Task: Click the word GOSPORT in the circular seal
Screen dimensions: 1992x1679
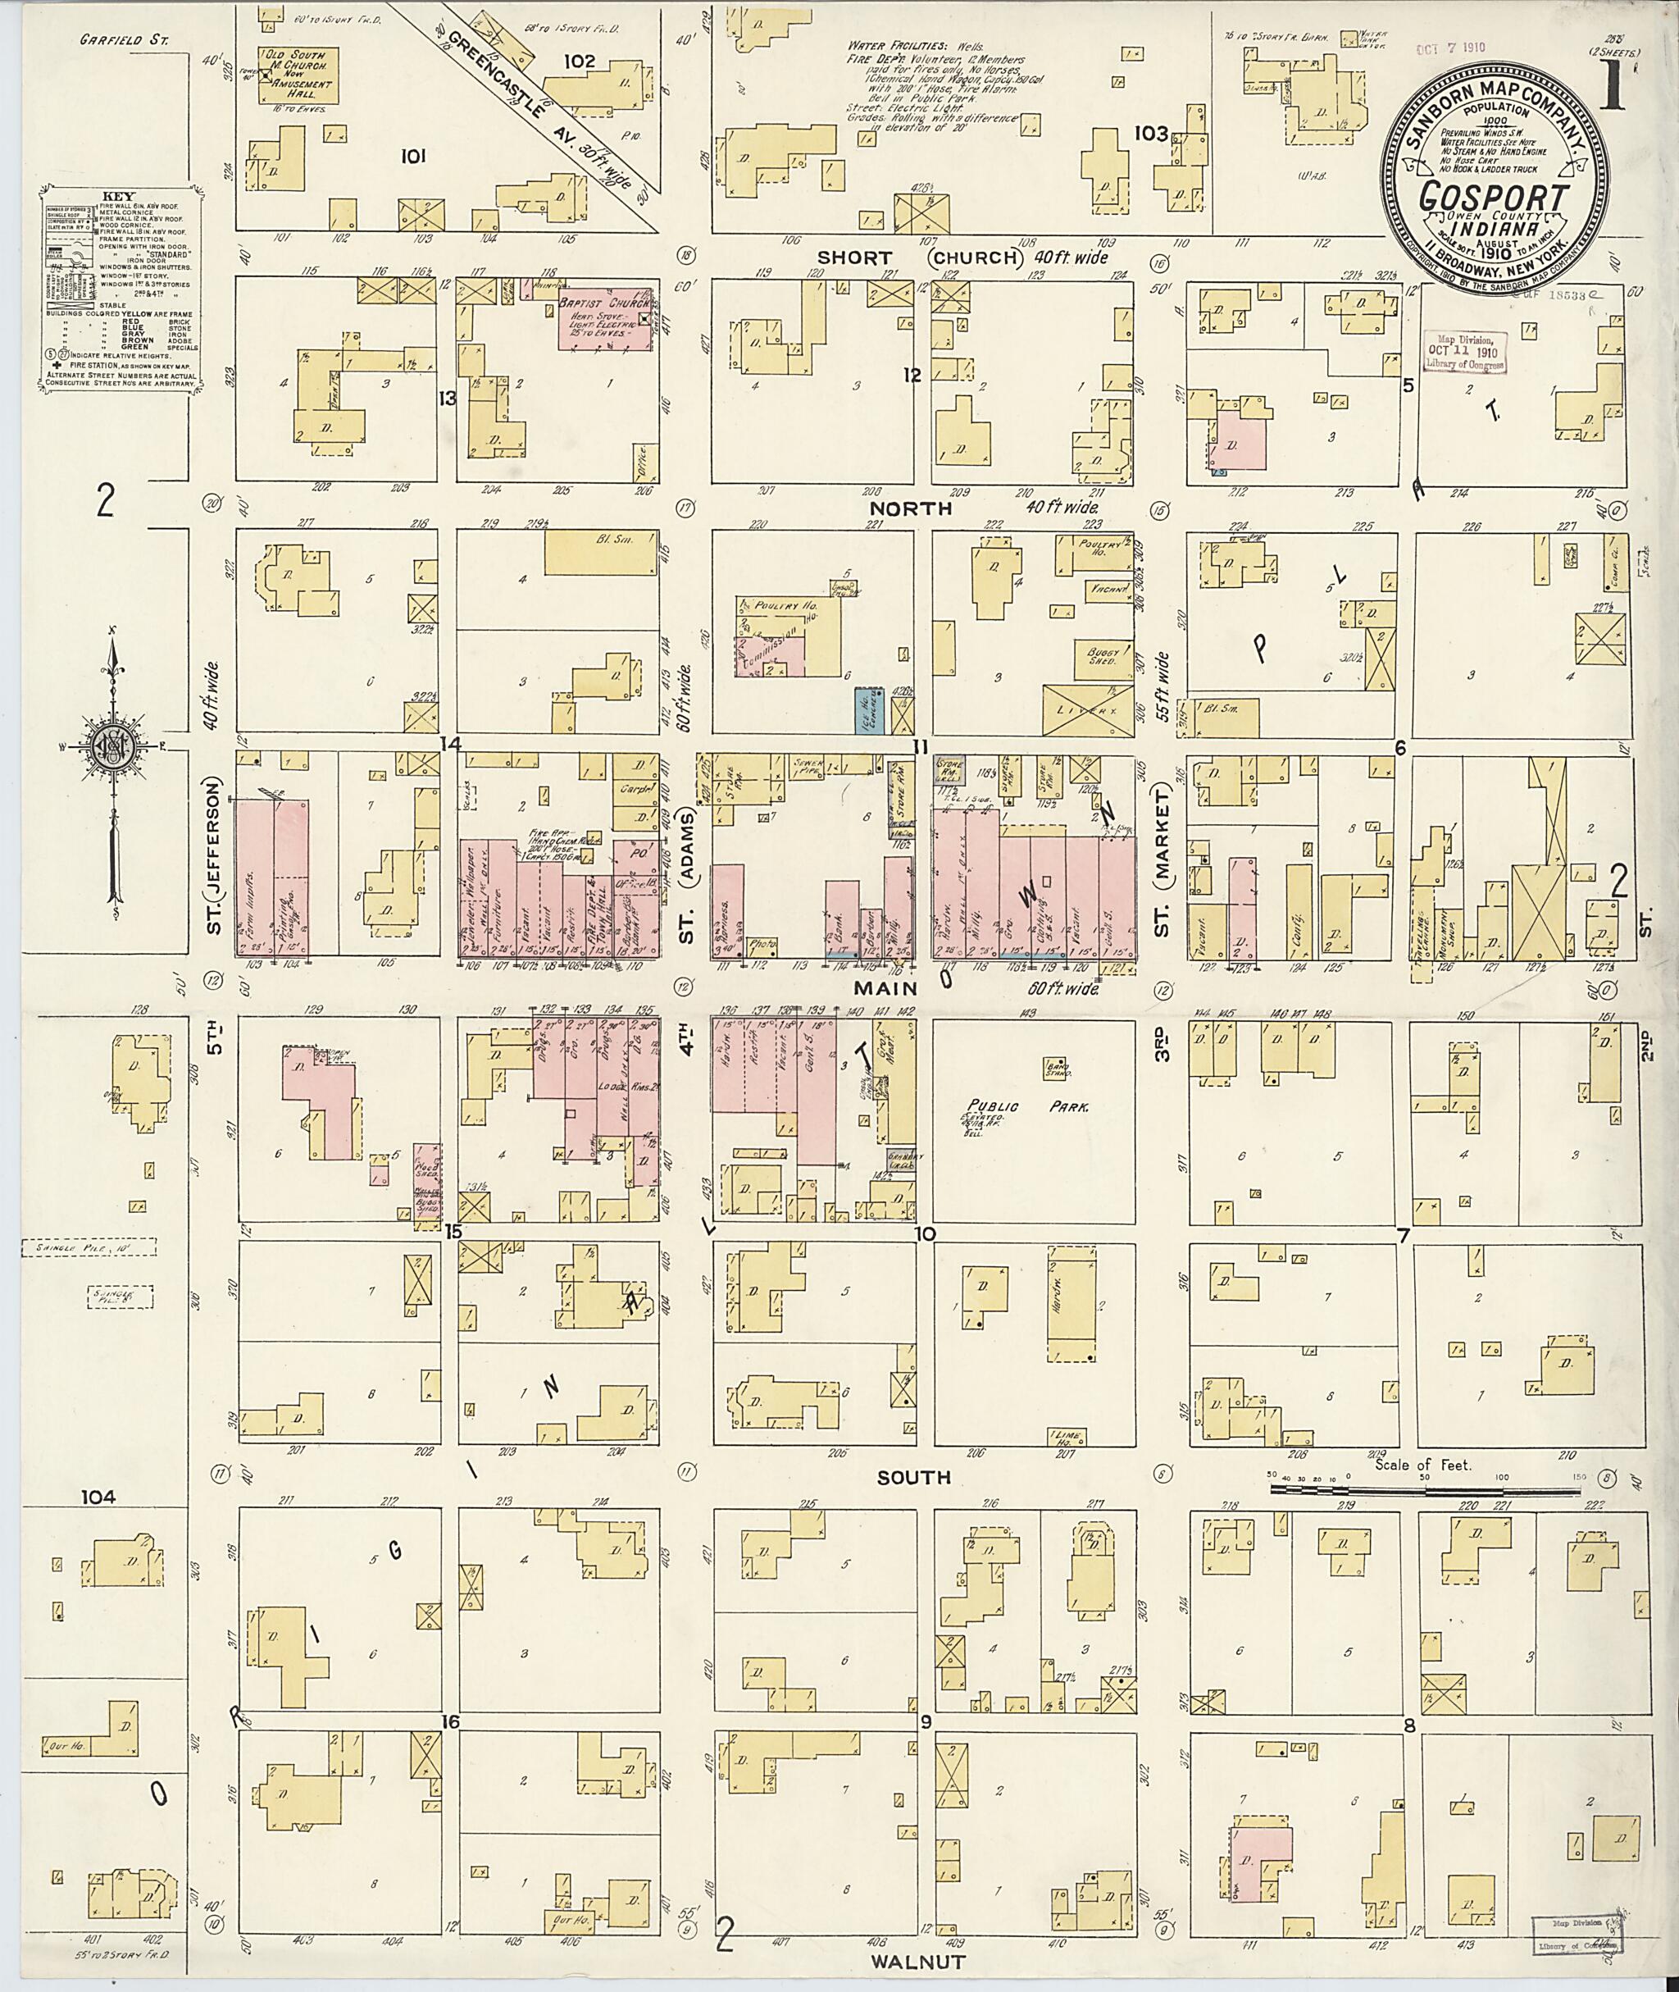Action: (x=1495, y=197)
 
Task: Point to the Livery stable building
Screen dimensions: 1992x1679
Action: (x=1086, y=709)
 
